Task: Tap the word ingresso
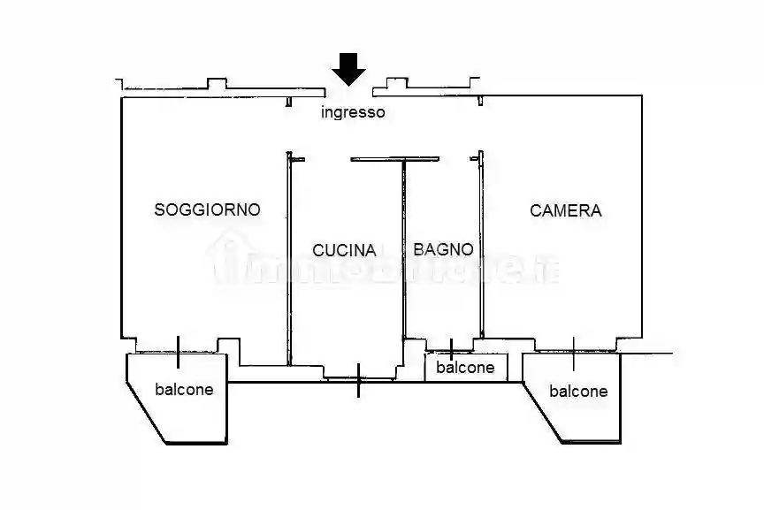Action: tap(353, 112)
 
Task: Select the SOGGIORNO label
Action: tap(207, 209)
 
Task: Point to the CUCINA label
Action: tap(345, 250)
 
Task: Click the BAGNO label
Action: tap(443, 249)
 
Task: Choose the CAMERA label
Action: tap(566, 210)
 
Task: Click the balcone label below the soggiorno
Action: tap(184, 389)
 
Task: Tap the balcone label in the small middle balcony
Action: tap(466, 368)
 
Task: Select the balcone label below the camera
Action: tap(578, 391)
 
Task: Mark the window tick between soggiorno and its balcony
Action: tap(180, 352)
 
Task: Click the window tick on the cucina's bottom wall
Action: tap(358, 380)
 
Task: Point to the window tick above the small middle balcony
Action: tap(452, 348)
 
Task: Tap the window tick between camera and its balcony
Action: tap(574, 353)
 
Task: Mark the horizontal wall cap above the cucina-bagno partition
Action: tap(382, 159)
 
